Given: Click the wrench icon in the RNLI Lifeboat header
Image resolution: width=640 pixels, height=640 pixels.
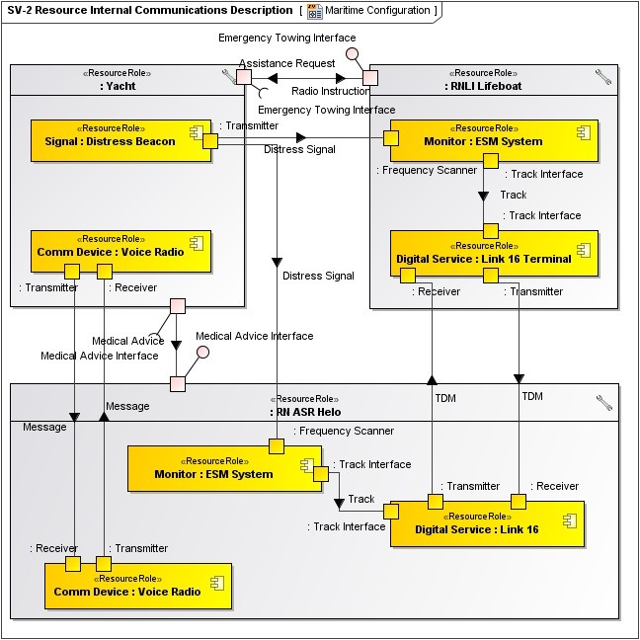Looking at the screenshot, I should pyautogui.click(x=603, y=75).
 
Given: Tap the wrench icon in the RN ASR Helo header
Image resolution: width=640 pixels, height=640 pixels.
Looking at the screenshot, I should pyautogui.click(x=603, y=402).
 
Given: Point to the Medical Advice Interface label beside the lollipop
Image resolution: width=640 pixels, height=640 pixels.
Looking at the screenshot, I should pyautogui.click(x=255, y=336).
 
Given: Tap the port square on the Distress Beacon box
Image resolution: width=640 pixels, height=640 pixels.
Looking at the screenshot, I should pyautogui.click(x=210, y=141).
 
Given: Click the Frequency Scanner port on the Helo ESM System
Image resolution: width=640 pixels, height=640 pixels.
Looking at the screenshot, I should pyautogui.click(x=278, y=447).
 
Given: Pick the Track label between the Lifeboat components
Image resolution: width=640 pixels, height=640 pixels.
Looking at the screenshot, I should pyautogui.click(x=514, y=195).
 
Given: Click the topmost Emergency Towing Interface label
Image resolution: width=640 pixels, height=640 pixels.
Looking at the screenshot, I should pyautogui.click(x=285, y=38).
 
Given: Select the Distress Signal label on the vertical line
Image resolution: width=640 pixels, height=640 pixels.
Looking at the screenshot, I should pyautogui.click(x=317, y=276).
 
